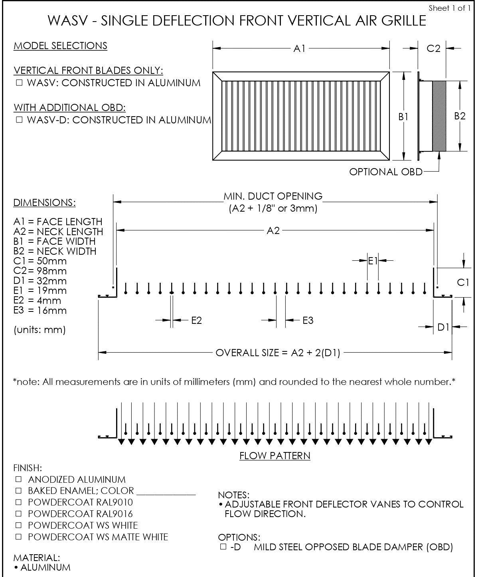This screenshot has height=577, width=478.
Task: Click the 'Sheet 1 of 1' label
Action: coord(449,8)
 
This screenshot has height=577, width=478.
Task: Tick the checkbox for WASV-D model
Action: coord(19,120)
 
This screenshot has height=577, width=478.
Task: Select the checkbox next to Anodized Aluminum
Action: coord(18,479)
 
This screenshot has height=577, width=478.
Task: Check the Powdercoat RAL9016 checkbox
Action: coord(18,514)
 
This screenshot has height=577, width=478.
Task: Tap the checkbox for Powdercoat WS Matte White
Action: coord(18,537)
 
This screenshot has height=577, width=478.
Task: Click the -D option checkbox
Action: coord(223,547)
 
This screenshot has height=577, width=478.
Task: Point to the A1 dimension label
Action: coord(299,48)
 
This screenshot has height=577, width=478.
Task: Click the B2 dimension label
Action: coord(460,116)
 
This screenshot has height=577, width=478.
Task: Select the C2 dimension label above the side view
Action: coord(433,48)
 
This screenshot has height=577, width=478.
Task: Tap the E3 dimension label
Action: coord(308,320)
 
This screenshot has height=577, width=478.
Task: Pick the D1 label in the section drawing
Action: coord(443,327)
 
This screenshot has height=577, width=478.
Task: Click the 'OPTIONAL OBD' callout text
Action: coord(385,172)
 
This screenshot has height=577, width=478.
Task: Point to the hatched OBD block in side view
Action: coord(439,116)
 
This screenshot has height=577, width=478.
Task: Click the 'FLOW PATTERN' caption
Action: coord(275,456)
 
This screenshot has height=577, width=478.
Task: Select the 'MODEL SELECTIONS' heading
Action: coord(60,46)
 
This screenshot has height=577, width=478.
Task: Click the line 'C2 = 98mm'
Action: coord(40,271)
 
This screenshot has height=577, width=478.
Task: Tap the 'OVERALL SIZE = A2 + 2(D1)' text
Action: coord(278,353)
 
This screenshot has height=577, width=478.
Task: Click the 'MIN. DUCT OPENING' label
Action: coord(273,196)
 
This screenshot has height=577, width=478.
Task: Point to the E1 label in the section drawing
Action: coord(373,261)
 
